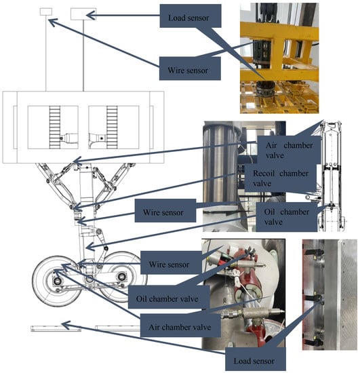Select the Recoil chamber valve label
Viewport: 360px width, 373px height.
point(281,178)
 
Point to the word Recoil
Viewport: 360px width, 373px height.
point(264,173)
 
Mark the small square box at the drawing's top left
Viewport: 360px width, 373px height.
point(46,12)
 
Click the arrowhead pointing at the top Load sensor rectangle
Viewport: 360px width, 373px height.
point(90,16)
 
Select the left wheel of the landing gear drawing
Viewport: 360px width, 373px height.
point(58,281)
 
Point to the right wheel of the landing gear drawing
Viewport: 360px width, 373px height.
point(122,277)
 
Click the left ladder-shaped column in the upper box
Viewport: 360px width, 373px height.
point(55,127)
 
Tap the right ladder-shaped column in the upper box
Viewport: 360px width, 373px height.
point(112,127)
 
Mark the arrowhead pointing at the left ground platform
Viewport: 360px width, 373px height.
point(66,325)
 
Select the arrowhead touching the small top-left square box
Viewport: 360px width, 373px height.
point(54,22)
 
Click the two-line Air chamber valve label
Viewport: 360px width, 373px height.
point(289,150)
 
